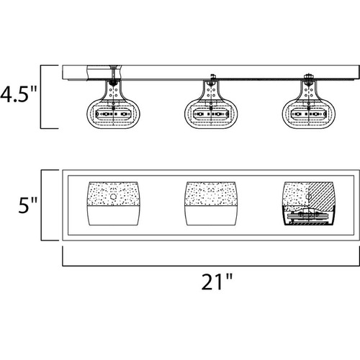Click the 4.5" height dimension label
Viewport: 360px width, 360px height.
coord(19,94)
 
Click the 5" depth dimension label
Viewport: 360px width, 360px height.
coord(28,205)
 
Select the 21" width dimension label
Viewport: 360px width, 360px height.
coord(217,282)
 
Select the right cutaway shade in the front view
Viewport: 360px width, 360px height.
coord(308,204)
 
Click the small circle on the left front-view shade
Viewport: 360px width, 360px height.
coord(113,197)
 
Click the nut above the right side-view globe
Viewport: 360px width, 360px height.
coord(308,76)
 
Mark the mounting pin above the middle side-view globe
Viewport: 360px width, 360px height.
coord(212,77)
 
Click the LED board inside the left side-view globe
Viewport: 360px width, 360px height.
coord(114,114)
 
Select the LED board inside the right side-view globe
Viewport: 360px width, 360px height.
coord(308,114)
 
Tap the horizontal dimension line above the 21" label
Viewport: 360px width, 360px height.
coord(211,266)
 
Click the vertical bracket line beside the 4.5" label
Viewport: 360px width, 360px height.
coord(40,97)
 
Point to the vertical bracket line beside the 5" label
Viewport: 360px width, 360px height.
coord(41,205)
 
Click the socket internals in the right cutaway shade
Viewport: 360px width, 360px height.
coord(308,217)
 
